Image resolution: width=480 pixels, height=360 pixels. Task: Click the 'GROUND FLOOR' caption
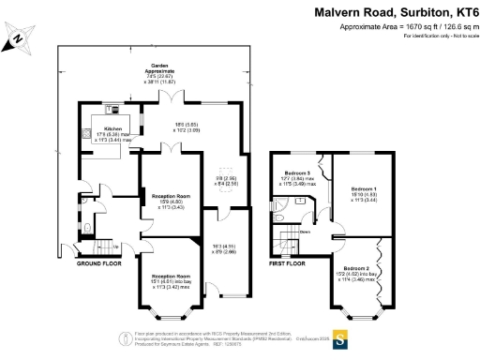(x=99, y=263)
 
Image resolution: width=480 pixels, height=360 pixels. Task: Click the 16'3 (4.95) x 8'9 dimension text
(x=223, y=247)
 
